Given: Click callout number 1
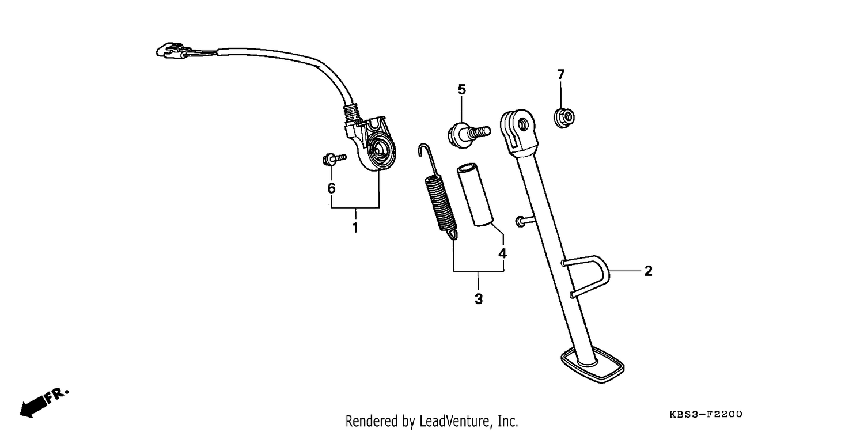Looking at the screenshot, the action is [355, 228].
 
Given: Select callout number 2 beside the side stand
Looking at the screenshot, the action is [649, 271].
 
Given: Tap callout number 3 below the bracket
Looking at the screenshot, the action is [479, 299].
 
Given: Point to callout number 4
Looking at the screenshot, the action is [503, 253].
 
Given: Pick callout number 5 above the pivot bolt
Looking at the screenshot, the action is [462, 89].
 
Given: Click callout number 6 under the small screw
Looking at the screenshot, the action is [331, 188].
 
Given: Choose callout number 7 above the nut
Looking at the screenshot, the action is [561, 74].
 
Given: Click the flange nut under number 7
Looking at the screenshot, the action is [564, 118].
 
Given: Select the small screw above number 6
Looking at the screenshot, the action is [334, 159].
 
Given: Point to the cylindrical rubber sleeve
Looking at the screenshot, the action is [475, 195].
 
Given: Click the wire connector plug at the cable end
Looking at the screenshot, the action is [173, 51].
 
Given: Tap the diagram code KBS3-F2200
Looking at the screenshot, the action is [706, 414].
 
